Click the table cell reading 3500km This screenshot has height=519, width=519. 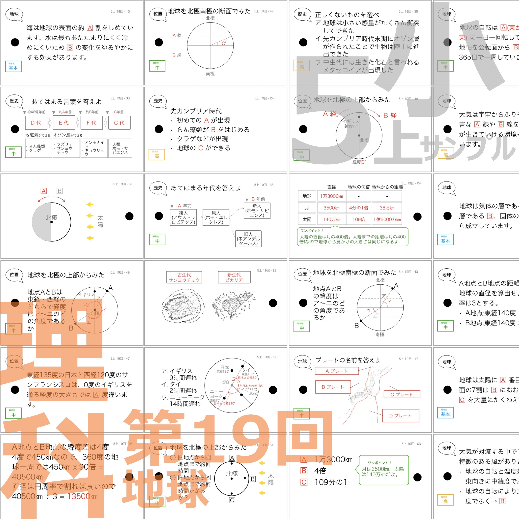click(331, 208)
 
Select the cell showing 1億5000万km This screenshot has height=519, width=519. click(387, 219)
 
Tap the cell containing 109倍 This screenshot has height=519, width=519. click(359, 219)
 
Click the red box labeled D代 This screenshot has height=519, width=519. click(36, 123)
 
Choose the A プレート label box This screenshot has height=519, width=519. click(337, 371)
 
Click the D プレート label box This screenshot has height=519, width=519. click(400, 416)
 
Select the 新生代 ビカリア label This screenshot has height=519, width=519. click(234, 277)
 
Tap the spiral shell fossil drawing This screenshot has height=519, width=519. click(234, 305)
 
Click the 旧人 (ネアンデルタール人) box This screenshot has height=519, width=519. click(248, 239)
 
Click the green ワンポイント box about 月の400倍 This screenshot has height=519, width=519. click(352, 237)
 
